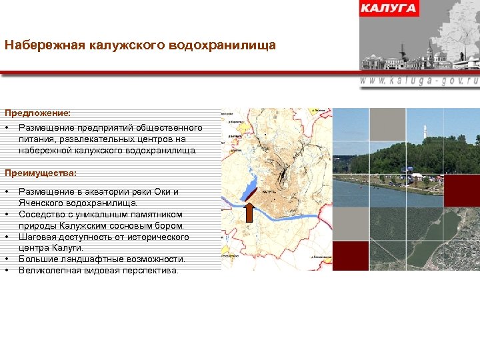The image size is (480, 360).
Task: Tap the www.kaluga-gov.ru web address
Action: [x=419, y=79]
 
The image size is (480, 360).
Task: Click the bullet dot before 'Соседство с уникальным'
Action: [x=7, y=215]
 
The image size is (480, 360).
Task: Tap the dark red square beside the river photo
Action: [x=461, y=191]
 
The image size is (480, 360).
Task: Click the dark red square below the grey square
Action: [x=350, y=256]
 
